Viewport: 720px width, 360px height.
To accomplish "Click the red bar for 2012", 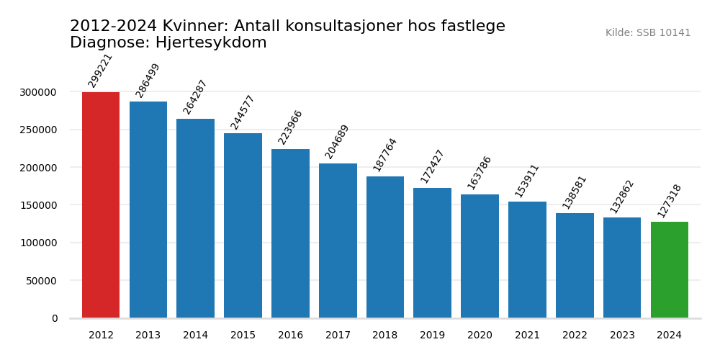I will click(101, 205).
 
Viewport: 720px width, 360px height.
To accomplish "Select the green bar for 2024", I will click(670, 270).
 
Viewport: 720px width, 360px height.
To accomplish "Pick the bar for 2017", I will click(338, 240).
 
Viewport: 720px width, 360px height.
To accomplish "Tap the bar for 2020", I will click(480, 256).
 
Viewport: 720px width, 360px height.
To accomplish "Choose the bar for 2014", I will click(196, 218).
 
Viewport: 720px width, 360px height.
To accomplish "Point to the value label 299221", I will click(100, 71).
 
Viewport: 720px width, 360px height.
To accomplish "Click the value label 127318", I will click(670, 201).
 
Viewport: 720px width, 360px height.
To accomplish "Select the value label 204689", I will click(337, 142).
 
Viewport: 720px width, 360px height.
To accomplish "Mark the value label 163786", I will click(480, 173).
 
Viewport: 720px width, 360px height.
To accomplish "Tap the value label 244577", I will click(243, 112).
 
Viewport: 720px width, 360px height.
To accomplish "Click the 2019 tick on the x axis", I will click(433, 336).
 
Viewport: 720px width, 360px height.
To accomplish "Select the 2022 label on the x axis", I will click(575, 336).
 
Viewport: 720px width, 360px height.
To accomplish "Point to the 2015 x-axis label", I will click(243, 336).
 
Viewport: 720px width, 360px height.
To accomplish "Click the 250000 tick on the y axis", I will click(38, 130).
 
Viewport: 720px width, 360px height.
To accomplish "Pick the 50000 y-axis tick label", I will click(41, 281).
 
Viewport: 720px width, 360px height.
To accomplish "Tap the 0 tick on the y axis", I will click(55, 318).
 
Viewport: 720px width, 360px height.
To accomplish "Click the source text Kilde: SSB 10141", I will click(648, 33).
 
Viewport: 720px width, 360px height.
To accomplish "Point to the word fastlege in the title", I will click(472, 27).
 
